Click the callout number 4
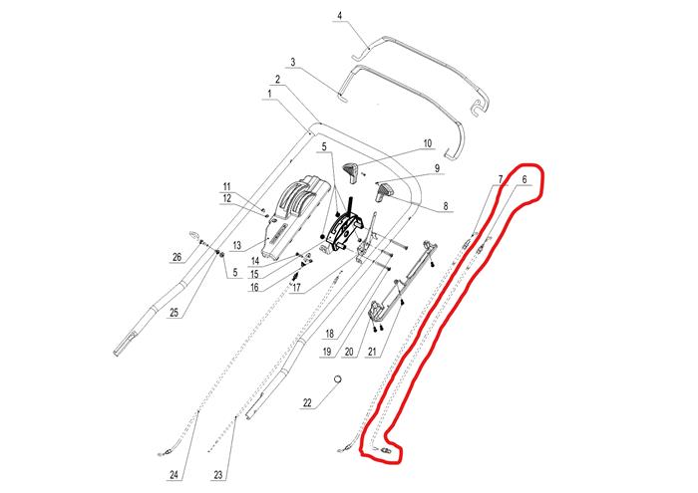point(340,16)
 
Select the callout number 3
point(293,62)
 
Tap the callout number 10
point(428,143)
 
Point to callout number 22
point(307,402)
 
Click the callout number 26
point(177,257)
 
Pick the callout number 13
point(237,245)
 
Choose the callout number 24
point(174,475)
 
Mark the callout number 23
point(218,475)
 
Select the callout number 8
point(446,206)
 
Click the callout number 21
point(372,353)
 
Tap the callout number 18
point(330,334)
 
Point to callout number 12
point(227,198)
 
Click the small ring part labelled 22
point(338,379)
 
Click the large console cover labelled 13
point(294,218)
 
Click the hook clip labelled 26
point(195,235)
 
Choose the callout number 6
point(524,179)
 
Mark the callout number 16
point(254,287)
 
